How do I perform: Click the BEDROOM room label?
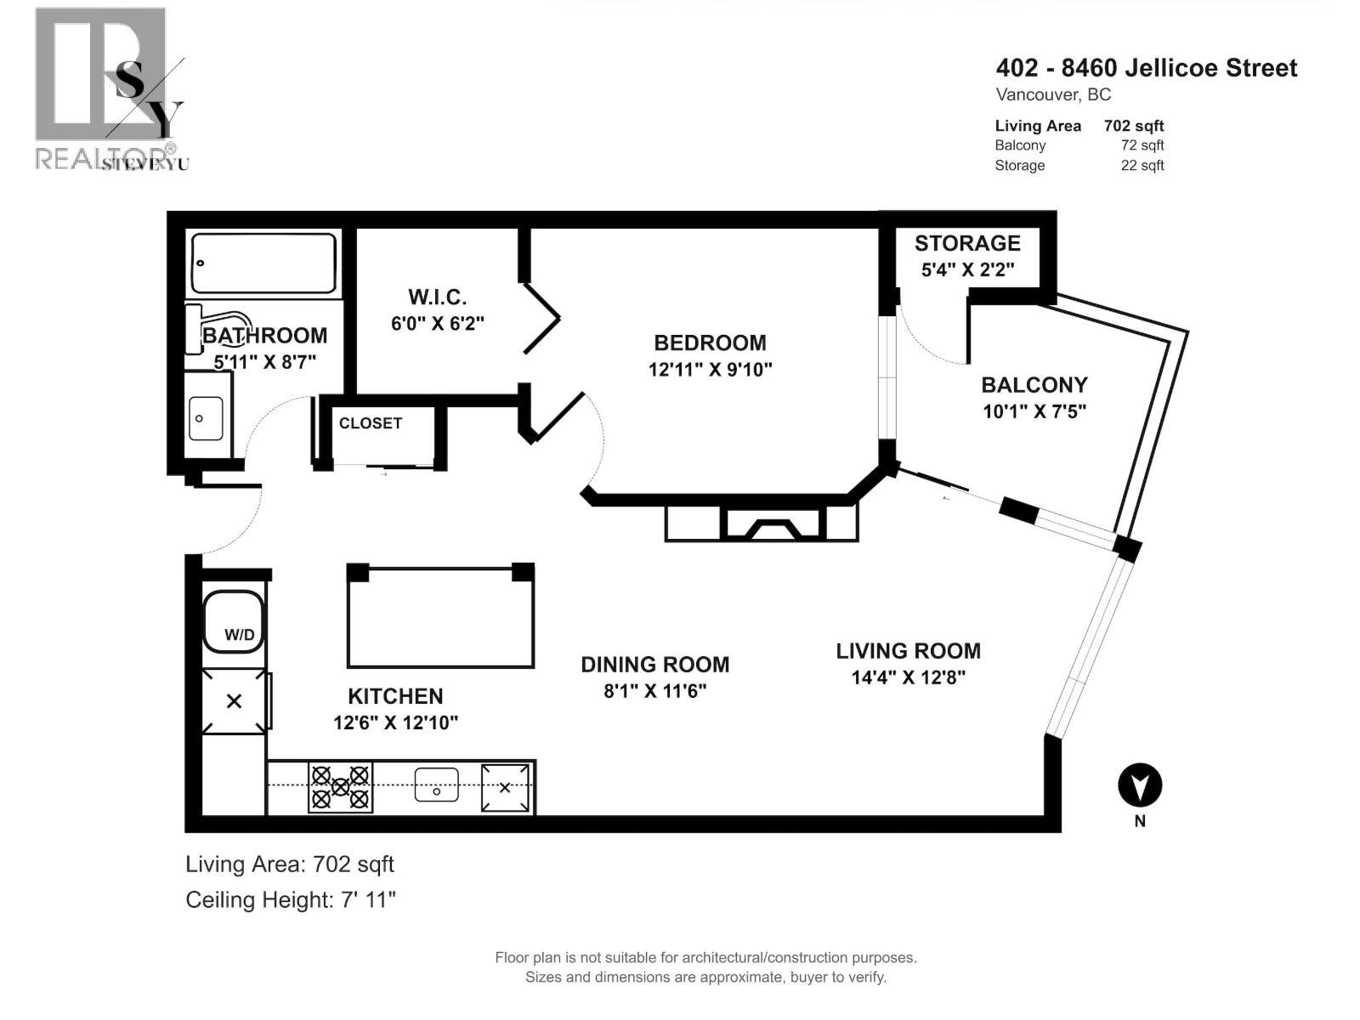[x=710, y=343]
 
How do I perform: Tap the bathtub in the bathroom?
[x=263, y=263]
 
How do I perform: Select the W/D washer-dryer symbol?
[x=233, y=621]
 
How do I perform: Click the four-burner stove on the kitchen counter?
[x=340, y=787]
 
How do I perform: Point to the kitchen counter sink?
[x=436, y=785]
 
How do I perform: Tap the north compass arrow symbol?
[x=1139, y=786]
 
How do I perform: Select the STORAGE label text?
[x=967, y=244]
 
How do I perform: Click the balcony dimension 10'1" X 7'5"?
[x=1034, y=411]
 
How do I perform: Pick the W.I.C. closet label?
[x=437, y=297]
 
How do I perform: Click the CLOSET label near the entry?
[x=371, y=423]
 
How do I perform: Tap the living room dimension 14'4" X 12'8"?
[x=908, y=677]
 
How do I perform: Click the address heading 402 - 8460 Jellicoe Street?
[x=1146, y=68]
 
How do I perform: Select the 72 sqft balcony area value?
[x=1142, y=145]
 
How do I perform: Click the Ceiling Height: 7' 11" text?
[x=291, y=899]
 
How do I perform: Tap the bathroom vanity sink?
[x=206, y=417]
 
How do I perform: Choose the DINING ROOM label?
[x=654, y=665]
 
